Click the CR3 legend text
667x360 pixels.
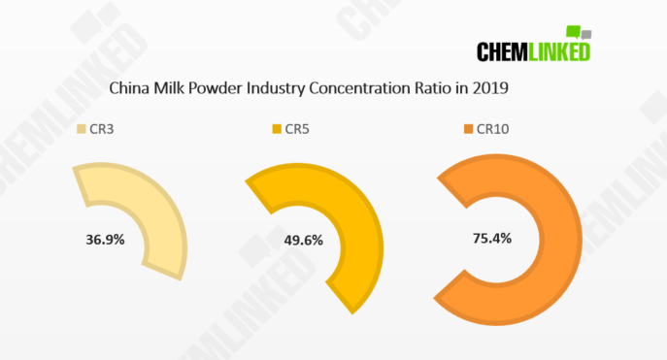point(103,129)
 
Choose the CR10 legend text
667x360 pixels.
point(493,129)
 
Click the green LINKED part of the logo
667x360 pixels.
point(561,51)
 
